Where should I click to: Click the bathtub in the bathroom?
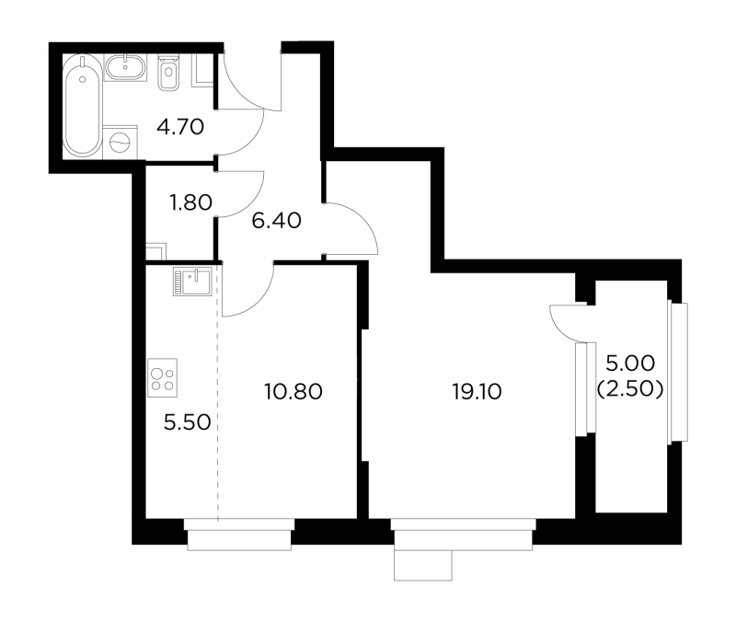click(82, 106)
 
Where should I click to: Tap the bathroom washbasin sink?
click(125, 67)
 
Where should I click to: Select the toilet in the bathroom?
click(169, 73)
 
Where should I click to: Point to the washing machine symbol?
click(121, 142)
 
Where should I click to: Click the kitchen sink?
click(192, 282)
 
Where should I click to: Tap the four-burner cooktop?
click(163, 377)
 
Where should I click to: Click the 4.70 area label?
click(180, 127)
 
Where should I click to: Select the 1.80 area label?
click(191, 202)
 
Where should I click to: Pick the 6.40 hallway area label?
click(276, 220)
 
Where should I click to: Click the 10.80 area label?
click(293, 391)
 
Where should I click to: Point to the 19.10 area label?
click(477, 391)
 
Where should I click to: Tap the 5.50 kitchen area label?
click(188, 422)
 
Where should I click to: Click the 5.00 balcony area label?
click(630, 363)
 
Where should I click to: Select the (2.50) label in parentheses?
click(630, 389)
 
